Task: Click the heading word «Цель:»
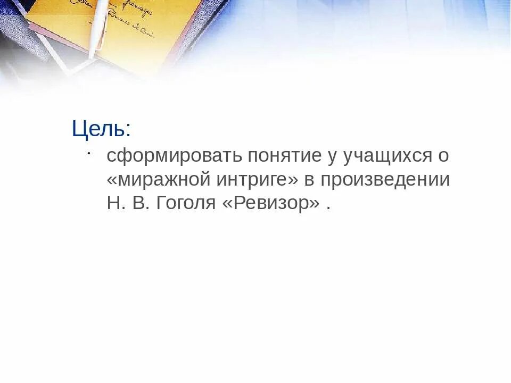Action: coord(101,129)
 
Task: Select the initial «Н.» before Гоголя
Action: coord(116,204)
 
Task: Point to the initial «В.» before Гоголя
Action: coord(138,204)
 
